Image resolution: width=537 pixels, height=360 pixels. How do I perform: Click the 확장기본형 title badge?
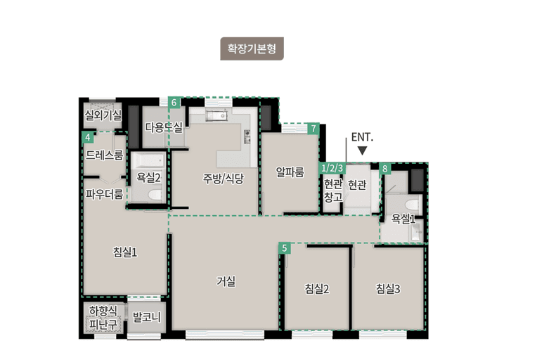click(x=252, y=49)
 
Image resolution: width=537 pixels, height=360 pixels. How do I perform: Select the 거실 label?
click(x=226, y=281)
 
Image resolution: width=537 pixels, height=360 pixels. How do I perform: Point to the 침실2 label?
click(x=317, y=288)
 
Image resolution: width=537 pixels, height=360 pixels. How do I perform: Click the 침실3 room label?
click(x=388, y=288)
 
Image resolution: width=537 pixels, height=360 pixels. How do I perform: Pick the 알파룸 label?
click(x=290, y=172)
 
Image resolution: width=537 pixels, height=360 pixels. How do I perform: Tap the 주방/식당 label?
click(x=223, y=178)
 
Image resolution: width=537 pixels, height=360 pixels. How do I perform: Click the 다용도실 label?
click(x=164, y=127)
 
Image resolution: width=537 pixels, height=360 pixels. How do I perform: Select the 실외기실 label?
click(x=103, y=114)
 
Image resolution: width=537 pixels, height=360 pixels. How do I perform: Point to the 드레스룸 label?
click(x=104, y=155)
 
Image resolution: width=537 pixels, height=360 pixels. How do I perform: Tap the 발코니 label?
click(x=147, y=318)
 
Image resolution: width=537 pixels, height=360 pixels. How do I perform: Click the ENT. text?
click(x=361, y=136)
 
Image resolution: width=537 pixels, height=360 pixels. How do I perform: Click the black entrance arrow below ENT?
click(x=362, y=150)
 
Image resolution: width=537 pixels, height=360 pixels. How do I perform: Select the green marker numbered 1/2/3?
click(x=332, y=168)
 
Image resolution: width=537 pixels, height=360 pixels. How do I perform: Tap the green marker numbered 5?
click(x=284, y=247)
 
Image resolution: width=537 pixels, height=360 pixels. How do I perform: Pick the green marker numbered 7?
click(x=313, y=129)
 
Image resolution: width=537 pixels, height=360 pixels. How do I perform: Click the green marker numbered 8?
click(x=384, y=169)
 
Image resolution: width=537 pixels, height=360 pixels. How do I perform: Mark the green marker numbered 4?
click(x=87, y=137)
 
